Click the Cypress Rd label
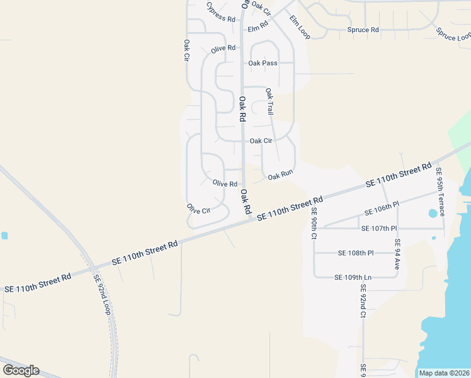click(221, 12)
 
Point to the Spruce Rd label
click(363, 30)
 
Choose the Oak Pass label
click(263, 63)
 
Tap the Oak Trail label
click(270, 101)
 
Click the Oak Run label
click(281, 176)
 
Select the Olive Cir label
click(198, 209)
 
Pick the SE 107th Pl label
click(378, 228)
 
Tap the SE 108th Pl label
click(356, 253)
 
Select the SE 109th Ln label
click(353, 277)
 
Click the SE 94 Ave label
click(397, 255)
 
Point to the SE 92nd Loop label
click(102, 295)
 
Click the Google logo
click(21, 370)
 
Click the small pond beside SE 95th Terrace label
click(433, 213)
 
